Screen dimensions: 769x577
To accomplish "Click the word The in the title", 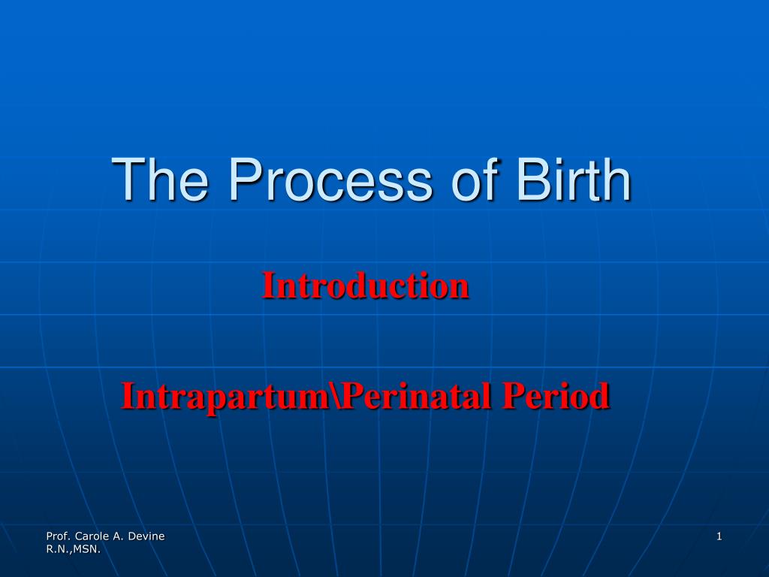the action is click(x=160, y=179).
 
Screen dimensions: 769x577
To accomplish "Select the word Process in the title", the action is click(x=331, y=179).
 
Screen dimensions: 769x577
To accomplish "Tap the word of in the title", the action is click(x=475, y=179).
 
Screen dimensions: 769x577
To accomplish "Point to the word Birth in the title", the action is click(x=574, y=179).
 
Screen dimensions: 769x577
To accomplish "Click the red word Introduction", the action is click(x=366, y=285).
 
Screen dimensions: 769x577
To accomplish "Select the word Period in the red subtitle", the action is click(x=556, y=395).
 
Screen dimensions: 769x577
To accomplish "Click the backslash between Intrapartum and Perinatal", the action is click(x=336, y=395).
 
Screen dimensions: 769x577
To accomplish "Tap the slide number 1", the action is click(x=719, y=536).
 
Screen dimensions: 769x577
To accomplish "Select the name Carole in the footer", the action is click(x=92, y=536).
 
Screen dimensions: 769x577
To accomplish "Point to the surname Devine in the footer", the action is click(x=146, y=536).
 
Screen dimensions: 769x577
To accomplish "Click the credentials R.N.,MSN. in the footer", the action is click(x=73, y=549).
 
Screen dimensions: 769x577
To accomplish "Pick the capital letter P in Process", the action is click(x=245, y=179).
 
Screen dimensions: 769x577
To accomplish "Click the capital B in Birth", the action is click(x=532, y=179).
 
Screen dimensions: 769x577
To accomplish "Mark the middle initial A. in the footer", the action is click(x=119, y=536).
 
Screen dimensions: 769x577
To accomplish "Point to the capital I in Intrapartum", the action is click(x=128, y=395).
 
